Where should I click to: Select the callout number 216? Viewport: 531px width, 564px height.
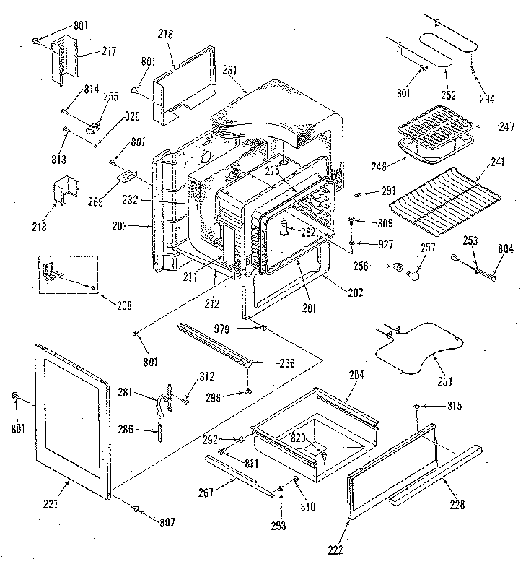coord(165,34)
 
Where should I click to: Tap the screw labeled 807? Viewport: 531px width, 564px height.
coord(135,509)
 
